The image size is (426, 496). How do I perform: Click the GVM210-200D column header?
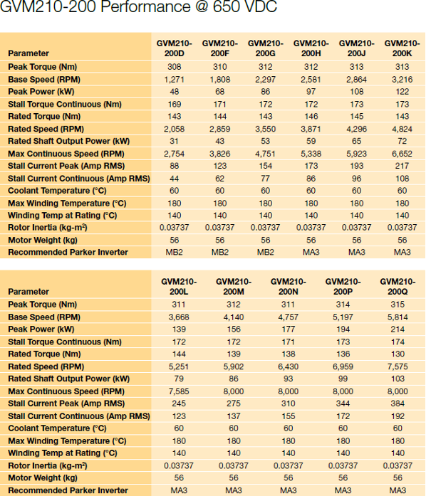[x=175, y=48]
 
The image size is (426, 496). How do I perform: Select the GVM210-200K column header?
[x=402, y=48]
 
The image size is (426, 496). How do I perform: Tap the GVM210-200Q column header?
[x=398, y=286]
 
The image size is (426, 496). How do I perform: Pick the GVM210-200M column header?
[x=234, y=286]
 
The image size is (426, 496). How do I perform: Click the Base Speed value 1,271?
[x=175, y=80]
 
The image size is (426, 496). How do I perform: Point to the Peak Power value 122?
[x=402, y=92]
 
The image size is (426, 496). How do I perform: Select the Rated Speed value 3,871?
[x=311, y=129]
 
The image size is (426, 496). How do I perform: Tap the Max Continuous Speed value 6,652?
[x=402, y=154]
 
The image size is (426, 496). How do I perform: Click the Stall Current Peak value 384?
[x=398, y=403]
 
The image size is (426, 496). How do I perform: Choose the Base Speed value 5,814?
[x=398, y=317]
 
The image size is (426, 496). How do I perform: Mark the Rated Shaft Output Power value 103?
[x=398, y=379]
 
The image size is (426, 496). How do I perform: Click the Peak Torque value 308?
[x=175, y=67]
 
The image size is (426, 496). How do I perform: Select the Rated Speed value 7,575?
[x=398, y=366]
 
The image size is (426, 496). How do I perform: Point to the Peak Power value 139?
[x=179, y=329]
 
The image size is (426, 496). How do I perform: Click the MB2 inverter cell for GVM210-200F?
[x=220, y=252]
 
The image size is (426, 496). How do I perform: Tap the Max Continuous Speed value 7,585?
[x=179, y=391]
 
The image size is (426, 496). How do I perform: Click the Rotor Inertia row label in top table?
[x=48, y=228]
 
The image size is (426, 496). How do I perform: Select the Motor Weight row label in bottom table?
[x=43, y=477]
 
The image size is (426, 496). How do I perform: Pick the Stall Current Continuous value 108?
[x=402, y=179]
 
